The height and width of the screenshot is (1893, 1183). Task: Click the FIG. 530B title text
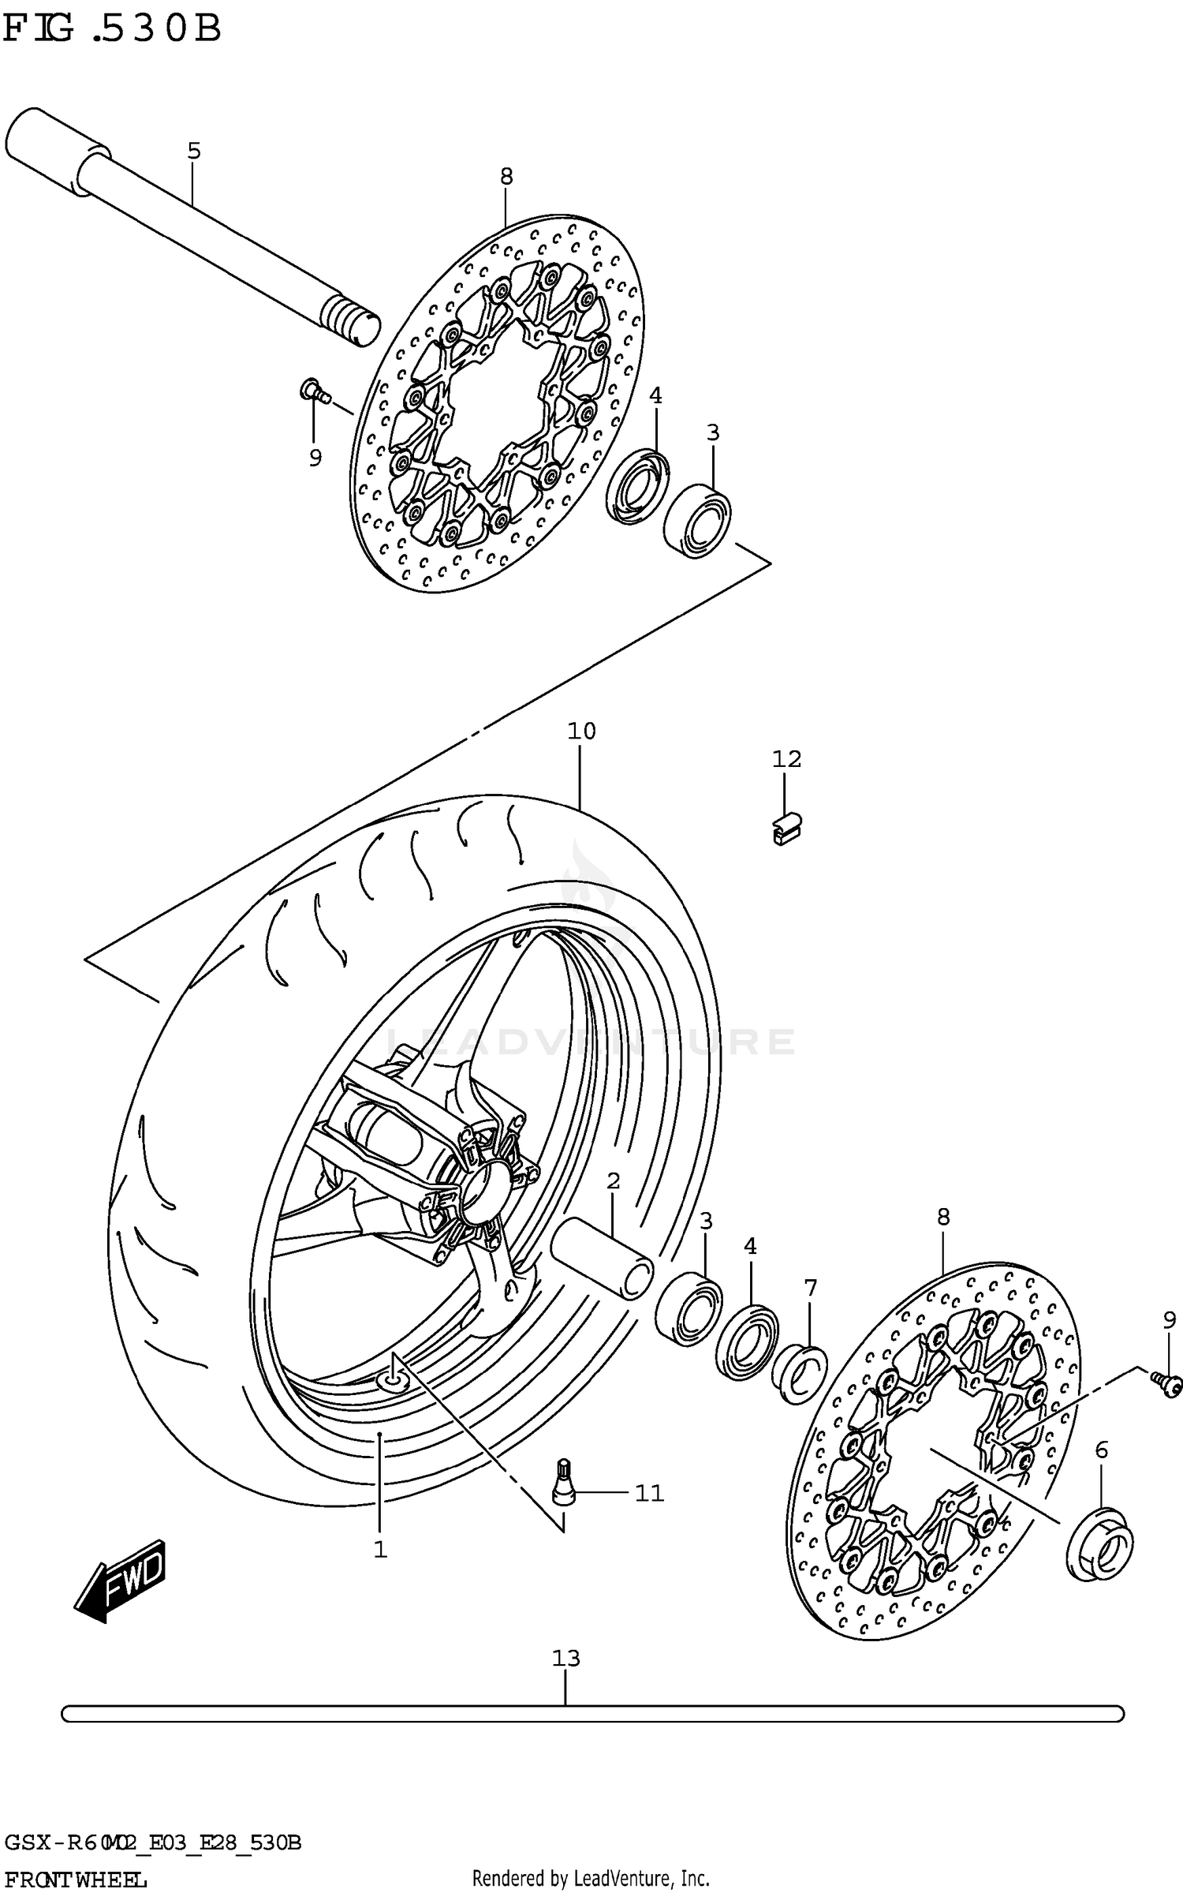pos(112,30)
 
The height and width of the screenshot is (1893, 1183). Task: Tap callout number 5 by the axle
pos(194,151)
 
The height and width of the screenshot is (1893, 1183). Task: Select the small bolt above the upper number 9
pos(313,390)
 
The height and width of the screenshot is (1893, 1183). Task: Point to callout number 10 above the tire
pos(581,731)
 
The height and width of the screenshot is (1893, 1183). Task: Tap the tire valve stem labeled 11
pos(563,1486)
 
